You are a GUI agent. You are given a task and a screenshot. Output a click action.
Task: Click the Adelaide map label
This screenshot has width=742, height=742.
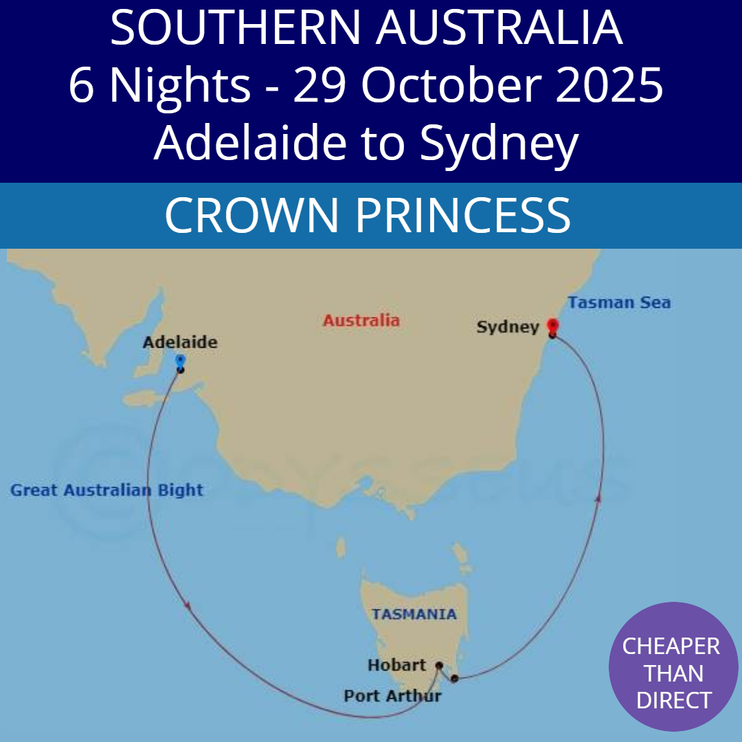(x=180, y=341)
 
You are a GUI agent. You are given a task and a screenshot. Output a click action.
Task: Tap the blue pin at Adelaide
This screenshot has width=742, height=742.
(x=180, y=361)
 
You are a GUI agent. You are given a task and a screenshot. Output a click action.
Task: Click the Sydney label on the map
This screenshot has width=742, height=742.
(x=508, y=327)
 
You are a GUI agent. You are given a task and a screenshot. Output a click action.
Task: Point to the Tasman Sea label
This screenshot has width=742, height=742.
(x=619, y=302)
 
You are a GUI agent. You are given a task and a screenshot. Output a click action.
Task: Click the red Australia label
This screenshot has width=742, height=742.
(x=361, y=320)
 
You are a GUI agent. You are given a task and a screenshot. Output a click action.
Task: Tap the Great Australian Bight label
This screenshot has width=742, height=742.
(x=107, y=490)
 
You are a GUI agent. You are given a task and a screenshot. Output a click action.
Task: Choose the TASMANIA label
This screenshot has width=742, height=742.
(x=414, y=614)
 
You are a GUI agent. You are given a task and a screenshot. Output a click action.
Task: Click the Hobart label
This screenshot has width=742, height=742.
(x=396, y=665)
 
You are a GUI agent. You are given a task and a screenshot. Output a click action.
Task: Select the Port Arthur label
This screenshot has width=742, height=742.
(x=392, y=696)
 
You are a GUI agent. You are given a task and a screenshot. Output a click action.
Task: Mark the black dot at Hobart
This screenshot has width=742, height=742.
(x=439, y=665)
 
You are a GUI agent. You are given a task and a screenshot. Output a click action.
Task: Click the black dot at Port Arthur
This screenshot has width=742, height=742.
(x=454, y=678)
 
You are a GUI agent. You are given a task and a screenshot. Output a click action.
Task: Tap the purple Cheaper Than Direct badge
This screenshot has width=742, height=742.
(x=673, y=666)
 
